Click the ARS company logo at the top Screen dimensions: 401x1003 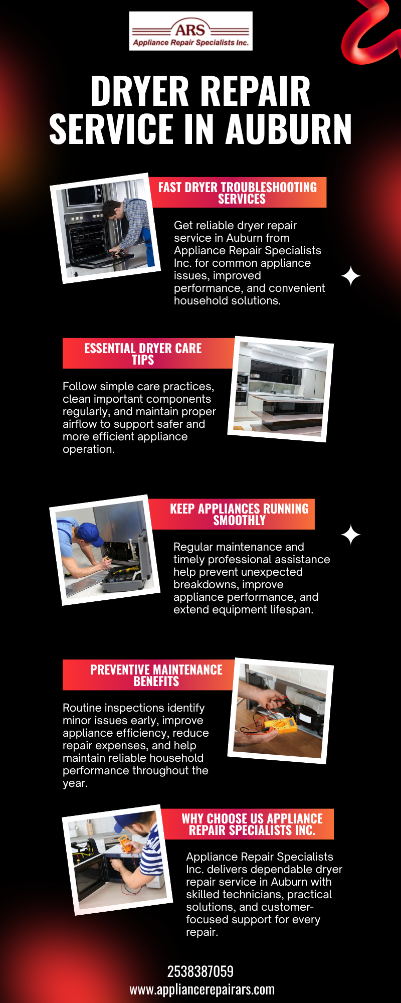(191, 31)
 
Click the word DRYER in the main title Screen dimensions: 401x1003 (143, 91)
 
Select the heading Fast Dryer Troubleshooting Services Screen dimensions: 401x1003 (238, 193)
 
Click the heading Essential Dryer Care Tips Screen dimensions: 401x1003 (143, 354)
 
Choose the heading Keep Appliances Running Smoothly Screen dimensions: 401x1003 (239, 514)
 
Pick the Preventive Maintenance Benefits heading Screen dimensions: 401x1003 (156, 675)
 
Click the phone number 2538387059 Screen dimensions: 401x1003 (200, 971)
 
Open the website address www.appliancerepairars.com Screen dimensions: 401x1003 (202, 989)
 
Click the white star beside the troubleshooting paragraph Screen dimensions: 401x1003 (351, 276)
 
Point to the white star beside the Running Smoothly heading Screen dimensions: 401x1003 (351, 535)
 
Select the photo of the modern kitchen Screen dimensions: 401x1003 (281, 389)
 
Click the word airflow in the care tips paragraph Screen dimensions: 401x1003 (80, 424)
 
